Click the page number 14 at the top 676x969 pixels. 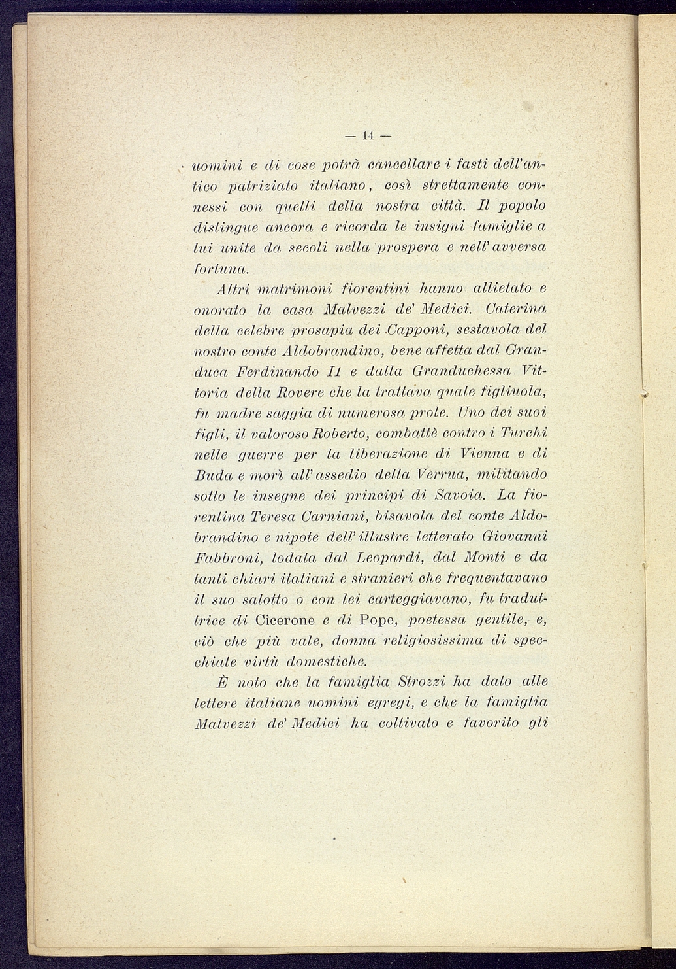point(367,136)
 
